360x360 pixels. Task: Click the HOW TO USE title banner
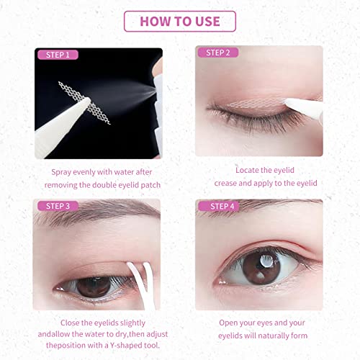click(x=180, y=20)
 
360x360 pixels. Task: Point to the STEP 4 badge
click(x=220, y=207)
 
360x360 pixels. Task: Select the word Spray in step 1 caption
click(x=62, y=172)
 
